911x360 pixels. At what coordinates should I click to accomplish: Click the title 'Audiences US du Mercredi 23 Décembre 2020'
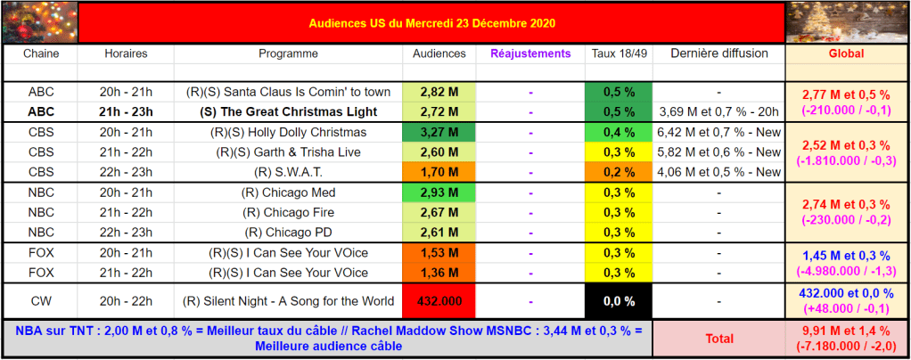point(432,21)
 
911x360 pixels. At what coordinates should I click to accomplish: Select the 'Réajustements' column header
point(530,53)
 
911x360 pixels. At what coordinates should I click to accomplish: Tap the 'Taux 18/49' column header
point(620,53)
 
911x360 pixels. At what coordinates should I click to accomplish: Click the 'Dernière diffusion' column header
point(718,53)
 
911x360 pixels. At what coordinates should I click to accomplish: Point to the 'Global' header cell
point(846,53)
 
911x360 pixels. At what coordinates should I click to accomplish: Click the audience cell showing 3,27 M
point(439,133)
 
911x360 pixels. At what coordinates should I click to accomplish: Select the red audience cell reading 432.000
point(439,301)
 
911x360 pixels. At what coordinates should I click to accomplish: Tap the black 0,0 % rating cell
point(620,301)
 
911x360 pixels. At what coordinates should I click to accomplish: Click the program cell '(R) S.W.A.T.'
point(288,172)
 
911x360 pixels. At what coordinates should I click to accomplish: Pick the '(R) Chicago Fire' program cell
point(288,212)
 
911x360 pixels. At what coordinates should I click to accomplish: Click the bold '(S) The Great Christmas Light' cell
point(288,112)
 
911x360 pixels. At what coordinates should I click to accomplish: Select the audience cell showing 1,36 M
point(439,273)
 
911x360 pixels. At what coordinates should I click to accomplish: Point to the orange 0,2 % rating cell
point(620,172)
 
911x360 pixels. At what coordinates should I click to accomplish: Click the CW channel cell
point(40,301)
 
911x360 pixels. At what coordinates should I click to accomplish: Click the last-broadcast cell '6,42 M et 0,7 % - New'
point(718,133)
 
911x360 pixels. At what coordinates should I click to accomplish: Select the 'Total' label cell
point(718,339)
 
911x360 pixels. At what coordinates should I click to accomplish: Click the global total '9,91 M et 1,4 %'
point(846,331)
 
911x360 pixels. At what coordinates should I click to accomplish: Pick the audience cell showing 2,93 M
point(439,192)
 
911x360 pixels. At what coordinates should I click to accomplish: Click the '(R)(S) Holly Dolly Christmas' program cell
point(288,133)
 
